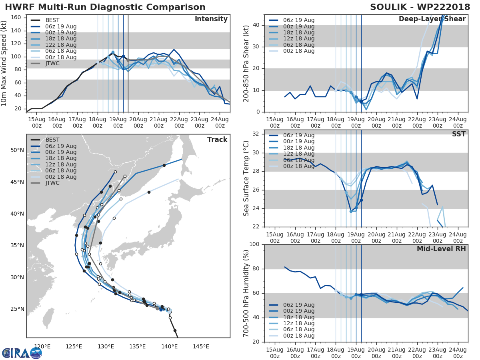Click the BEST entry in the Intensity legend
53,20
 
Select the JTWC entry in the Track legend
52,183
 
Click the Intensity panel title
211,19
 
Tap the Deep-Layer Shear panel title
432,19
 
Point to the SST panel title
459,134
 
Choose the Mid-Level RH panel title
441,249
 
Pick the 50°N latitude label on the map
17,150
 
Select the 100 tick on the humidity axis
253,244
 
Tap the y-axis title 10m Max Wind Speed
4,64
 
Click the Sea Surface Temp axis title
246,178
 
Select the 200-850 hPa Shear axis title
246,63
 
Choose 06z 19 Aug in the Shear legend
297,20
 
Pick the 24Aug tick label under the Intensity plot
220,122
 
